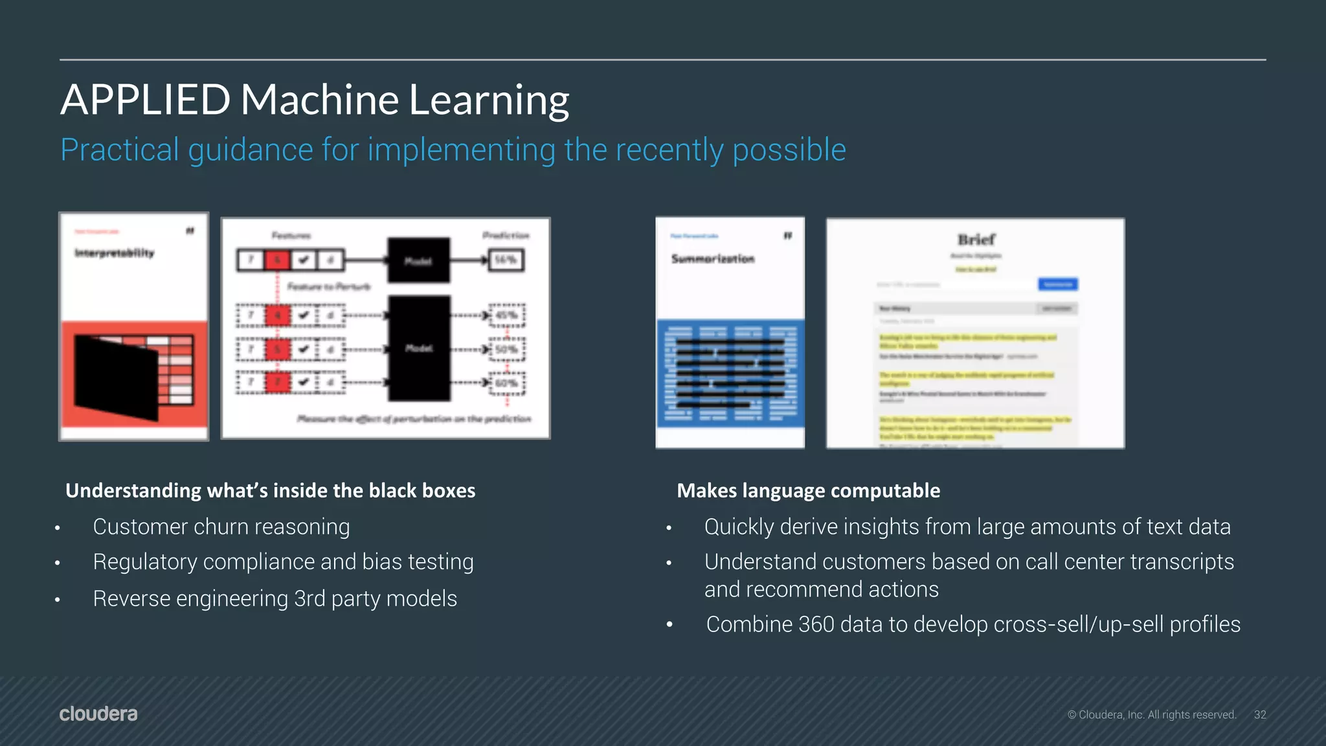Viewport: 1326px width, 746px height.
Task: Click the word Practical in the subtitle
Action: tap(120, 150)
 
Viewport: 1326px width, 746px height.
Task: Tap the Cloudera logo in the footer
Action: tap(98, 714)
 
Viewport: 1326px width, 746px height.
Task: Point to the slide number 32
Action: tap(1260, 715)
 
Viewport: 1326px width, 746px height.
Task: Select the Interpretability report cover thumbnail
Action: tap(134, 327)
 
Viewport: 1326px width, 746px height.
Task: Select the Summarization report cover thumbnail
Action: tap(730, 332)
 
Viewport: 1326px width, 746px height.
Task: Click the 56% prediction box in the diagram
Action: tap(506, 260)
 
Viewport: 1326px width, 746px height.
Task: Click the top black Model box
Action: tap(418, 260)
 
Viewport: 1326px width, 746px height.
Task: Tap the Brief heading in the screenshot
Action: tap(976, 240)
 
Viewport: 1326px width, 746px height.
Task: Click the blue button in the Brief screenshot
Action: tap(1058, 284)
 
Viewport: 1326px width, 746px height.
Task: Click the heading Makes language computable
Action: tap(808, 491)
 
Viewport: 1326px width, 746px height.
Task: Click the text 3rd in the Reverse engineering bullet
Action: tap(309, 599)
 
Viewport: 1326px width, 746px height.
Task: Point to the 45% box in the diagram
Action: tap(506, 315)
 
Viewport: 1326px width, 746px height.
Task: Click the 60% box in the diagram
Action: tap(506, 383)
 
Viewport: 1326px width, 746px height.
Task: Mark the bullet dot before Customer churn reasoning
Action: tap(58, 528)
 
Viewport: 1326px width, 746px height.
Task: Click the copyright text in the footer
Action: tap(1152, 715)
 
